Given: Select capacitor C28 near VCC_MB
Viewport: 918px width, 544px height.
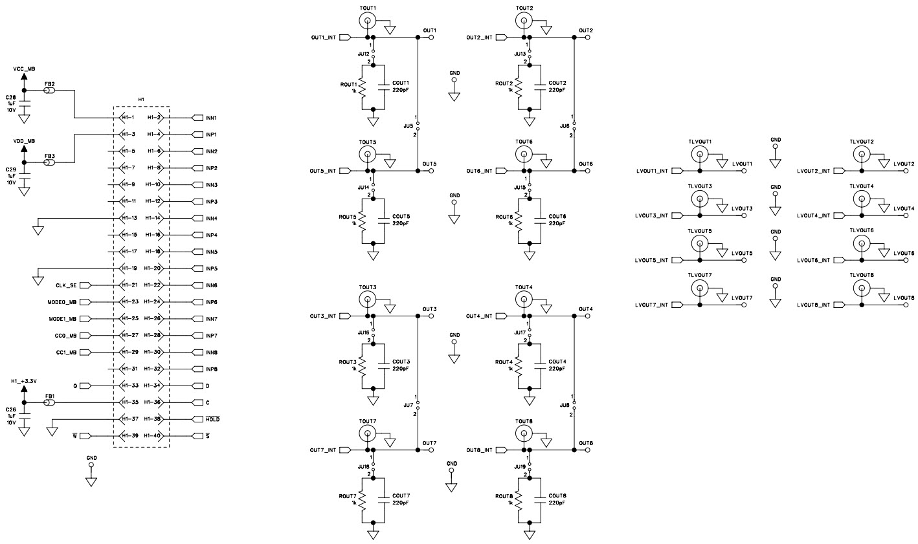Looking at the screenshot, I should point(24,102).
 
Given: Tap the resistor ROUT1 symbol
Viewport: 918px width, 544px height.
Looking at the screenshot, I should point(363,87).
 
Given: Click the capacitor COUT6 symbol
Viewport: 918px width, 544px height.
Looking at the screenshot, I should point(539,219).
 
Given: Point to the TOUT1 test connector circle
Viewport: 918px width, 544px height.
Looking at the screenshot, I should point(367,21).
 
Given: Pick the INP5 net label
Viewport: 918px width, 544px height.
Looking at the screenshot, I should point(210,268).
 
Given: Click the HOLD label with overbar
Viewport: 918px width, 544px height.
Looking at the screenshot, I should point(212,419).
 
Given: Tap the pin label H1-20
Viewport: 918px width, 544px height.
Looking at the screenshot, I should point(153,268).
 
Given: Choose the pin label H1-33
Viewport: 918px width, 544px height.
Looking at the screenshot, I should point(130,386).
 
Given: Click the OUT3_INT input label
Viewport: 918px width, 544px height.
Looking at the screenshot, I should point(322,316).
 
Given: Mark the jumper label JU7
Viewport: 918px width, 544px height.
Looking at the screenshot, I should point(408,405).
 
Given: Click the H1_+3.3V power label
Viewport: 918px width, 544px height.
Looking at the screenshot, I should point(24,382).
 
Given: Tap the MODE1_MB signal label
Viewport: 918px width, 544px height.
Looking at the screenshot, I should point(62,319).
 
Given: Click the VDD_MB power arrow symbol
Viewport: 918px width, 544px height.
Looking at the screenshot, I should point(24,150).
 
